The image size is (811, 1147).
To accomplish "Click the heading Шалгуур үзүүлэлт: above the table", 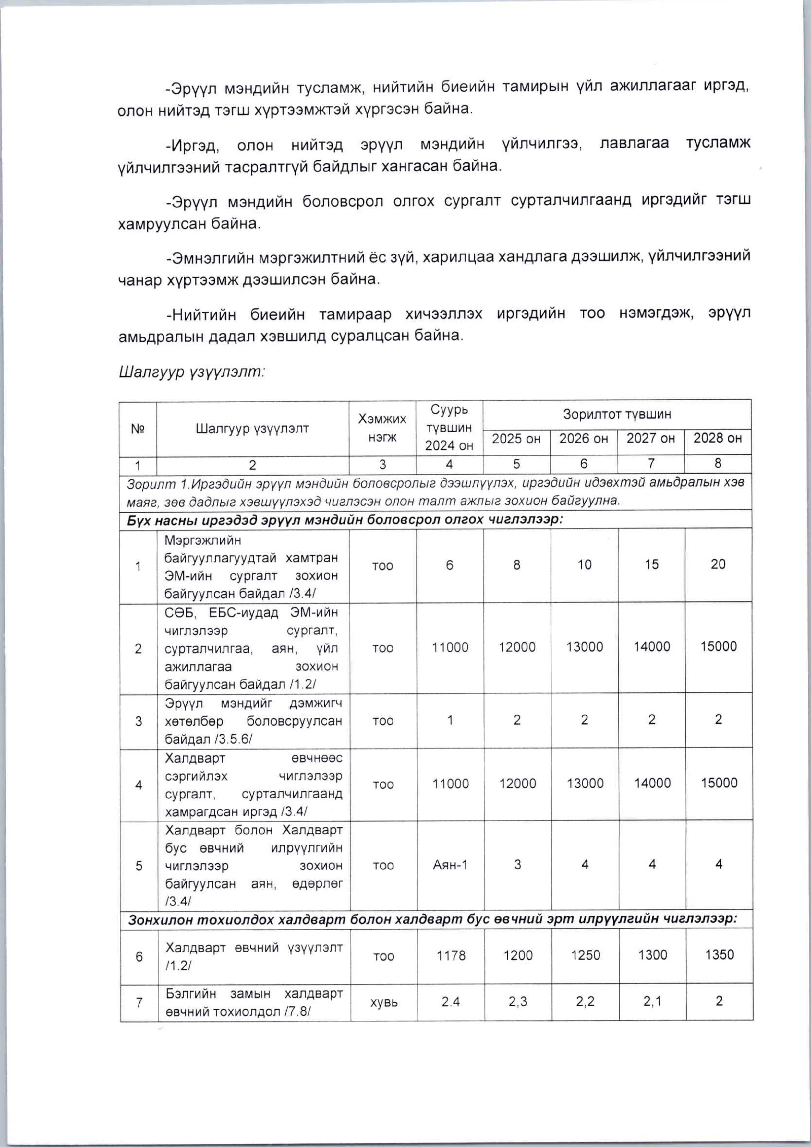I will [191, 372].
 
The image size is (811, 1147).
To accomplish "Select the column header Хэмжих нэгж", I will [382, 428].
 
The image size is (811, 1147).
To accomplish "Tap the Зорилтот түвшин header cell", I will [617, 414].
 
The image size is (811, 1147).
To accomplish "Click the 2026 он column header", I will [584, 439].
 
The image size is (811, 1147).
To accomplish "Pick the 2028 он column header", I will [718, 438].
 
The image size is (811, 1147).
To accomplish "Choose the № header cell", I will [138, 429].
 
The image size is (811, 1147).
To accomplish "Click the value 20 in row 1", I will [718, 564].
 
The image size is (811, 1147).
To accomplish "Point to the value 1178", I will [451, 956].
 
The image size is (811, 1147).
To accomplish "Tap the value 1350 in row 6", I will [719, 955].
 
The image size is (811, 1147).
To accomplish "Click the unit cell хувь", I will [383, 1002].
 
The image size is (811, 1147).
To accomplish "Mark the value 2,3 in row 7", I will [517, 1002].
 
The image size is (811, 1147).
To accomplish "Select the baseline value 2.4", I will [451, 1002].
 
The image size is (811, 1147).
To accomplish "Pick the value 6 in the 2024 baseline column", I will [450, 565].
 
